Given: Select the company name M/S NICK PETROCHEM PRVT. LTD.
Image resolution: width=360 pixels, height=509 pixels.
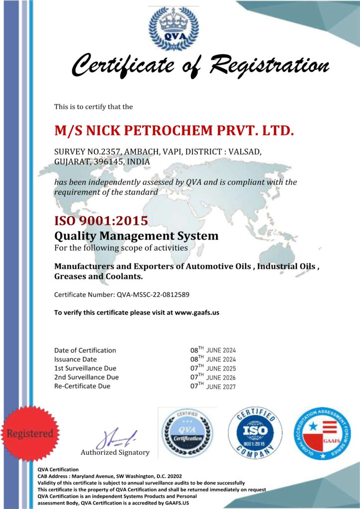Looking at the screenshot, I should [174, 130].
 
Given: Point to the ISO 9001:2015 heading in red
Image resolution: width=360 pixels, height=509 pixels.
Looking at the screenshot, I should [101, 220].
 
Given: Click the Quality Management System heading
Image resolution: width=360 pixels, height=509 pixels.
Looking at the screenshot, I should [136, 235].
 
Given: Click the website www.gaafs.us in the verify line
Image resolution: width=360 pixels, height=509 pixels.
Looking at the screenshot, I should [197, 313].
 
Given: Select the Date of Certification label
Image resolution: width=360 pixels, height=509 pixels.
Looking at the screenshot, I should [85, 350].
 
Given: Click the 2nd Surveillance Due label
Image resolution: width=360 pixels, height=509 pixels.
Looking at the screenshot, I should [87, 377].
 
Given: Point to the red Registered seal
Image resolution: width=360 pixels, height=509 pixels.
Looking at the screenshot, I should [29, 432].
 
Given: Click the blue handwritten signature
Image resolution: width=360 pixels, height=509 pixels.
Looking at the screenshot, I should [115, 439].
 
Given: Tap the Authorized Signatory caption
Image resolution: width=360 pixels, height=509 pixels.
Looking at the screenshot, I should [115, 452].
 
